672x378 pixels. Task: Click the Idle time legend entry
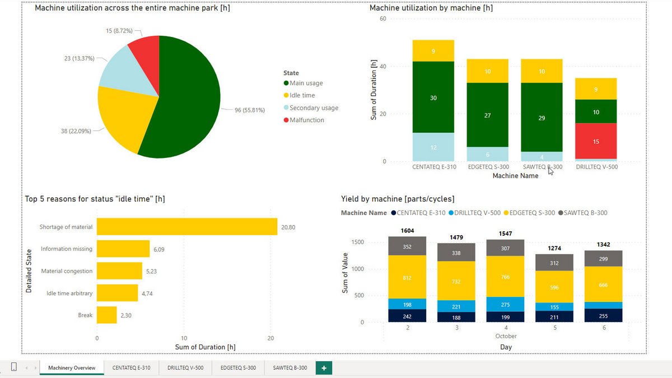(302, 95)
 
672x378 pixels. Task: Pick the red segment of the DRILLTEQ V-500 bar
(596, 141)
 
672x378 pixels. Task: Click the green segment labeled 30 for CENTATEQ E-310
(433, 98)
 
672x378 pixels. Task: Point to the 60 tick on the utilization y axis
(383, 18)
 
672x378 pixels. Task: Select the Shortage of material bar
(187, 227)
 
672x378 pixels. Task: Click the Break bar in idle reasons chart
(106, 315)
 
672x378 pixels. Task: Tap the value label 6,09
(161, 249)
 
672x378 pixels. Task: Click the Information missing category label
(67, 249)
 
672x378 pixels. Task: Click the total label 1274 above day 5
(554, 248)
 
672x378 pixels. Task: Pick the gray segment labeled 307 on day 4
(505, 248)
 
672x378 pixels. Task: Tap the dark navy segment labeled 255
(603, 315)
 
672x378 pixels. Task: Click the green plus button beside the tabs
(324, 368)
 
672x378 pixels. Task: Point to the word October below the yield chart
(506, 336)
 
